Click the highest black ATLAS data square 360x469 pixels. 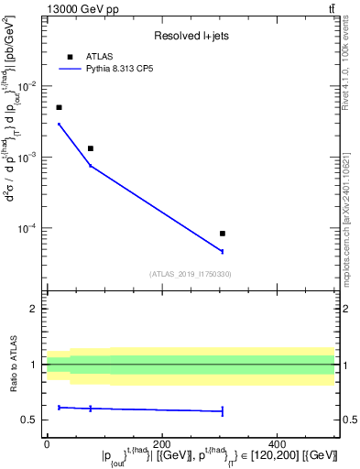coord(60,107)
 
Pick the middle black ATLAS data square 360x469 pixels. coord(90,148)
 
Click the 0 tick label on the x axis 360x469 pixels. coord(47,443)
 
